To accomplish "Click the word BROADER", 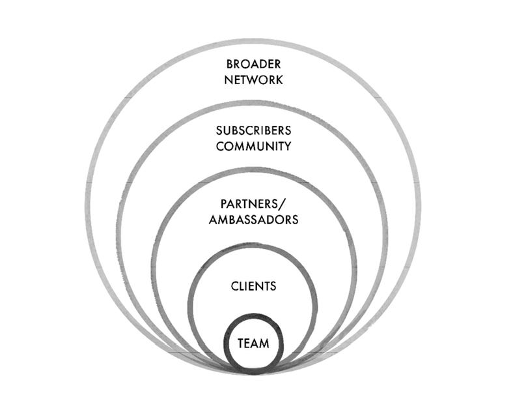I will coord(254,65).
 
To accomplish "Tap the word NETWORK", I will coord(254,80).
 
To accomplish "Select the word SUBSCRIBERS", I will coord(254,130).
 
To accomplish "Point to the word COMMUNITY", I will coord(254,146).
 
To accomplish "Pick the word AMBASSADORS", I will coord(254,220).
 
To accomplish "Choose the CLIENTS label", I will coord(254,286).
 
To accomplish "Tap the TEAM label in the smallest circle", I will coord(254,343).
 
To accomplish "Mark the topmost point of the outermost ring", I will coord(254,42).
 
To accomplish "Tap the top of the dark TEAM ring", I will coord(254,317).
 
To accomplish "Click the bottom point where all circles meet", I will coord(254,372).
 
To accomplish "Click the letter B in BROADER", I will coord(230,65).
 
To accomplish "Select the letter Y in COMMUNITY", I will coord(287,146).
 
